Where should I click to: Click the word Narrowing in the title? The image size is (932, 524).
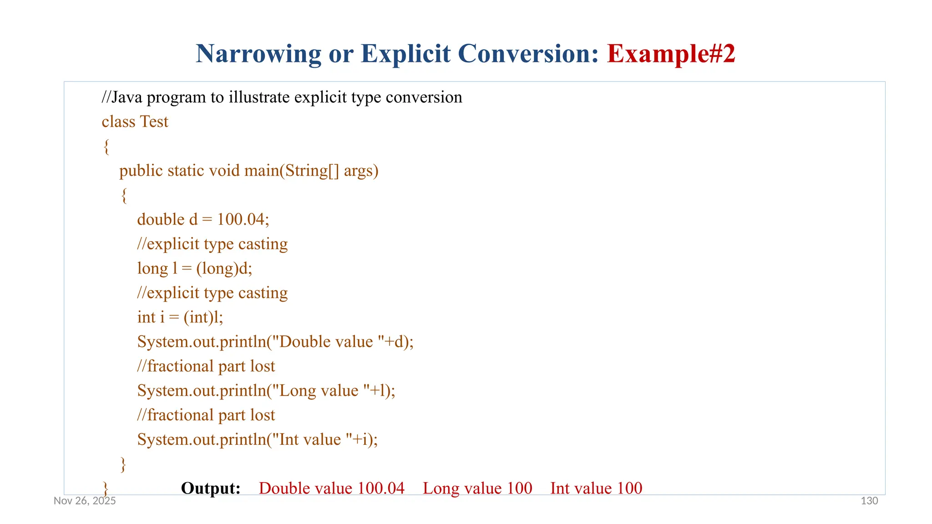tap(258, 54)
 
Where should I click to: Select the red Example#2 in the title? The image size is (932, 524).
tap(671, 54)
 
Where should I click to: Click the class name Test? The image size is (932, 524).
tap(154, 122)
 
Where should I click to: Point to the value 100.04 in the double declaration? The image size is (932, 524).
tap(241, 220)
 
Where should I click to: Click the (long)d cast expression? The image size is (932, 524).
tap(224, 269)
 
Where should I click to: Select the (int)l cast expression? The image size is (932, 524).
tap(203, 317)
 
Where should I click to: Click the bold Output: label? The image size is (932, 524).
tap(211, 489)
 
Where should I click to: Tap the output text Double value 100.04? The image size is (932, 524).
tap(331, 489)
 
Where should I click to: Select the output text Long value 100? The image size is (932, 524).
tap(477, 489)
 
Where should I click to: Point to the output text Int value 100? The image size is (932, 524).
tap(596, 489)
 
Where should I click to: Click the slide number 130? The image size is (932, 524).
tap(869, 501)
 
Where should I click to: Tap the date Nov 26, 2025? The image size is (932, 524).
tap(85, 501)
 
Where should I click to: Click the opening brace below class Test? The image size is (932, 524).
tap(106, 147)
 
